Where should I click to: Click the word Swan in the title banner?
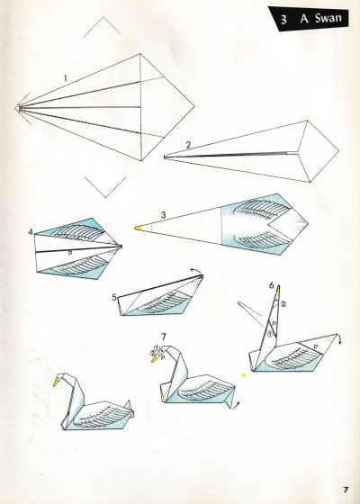(x=328, y=18)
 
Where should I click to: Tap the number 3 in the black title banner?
(x=283, y=20)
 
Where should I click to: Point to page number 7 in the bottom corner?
(x=346, y=490)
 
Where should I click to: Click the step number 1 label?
(x=66, y=78)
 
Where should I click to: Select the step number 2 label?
(x=188, y=145)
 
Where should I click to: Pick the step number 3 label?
(x=163, y=215)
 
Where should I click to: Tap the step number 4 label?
(x=31, y=231)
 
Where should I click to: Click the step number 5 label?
(x=114, y=297)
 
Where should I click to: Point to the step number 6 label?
(x=272, y=285)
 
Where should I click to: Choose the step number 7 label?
(x=164, y=337)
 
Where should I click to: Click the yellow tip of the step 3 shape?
(x=138, y=228)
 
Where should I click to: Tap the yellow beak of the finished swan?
(x=56, y=382)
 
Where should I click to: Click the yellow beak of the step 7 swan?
(x=155, y=358)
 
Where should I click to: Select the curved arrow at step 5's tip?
(x=196, y=270)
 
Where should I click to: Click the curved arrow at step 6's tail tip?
(x=338, y=338)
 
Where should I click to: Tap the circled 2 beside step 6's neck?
(x=283, y=304)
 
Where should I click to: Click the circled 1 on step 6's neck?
(x=270, y=334)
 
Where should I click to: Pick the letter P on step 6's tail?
(x=316, y=346)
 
